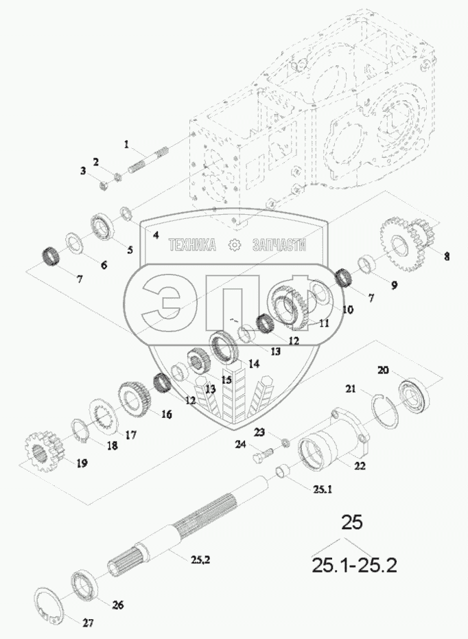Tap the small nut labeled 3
(x=104, y=186)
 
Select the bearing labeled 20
(x=413, y=395)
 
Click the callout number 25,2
(x=200, y=560)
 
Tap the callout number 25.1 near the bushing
(x=323, y=489)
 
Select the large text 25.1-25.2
(x=354, y=566)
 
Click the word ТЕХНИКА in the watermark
(x=192, y=245)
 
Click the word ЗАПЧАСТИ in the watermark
(x=279, y=245)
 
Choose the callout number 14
(x=254, y=364)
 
